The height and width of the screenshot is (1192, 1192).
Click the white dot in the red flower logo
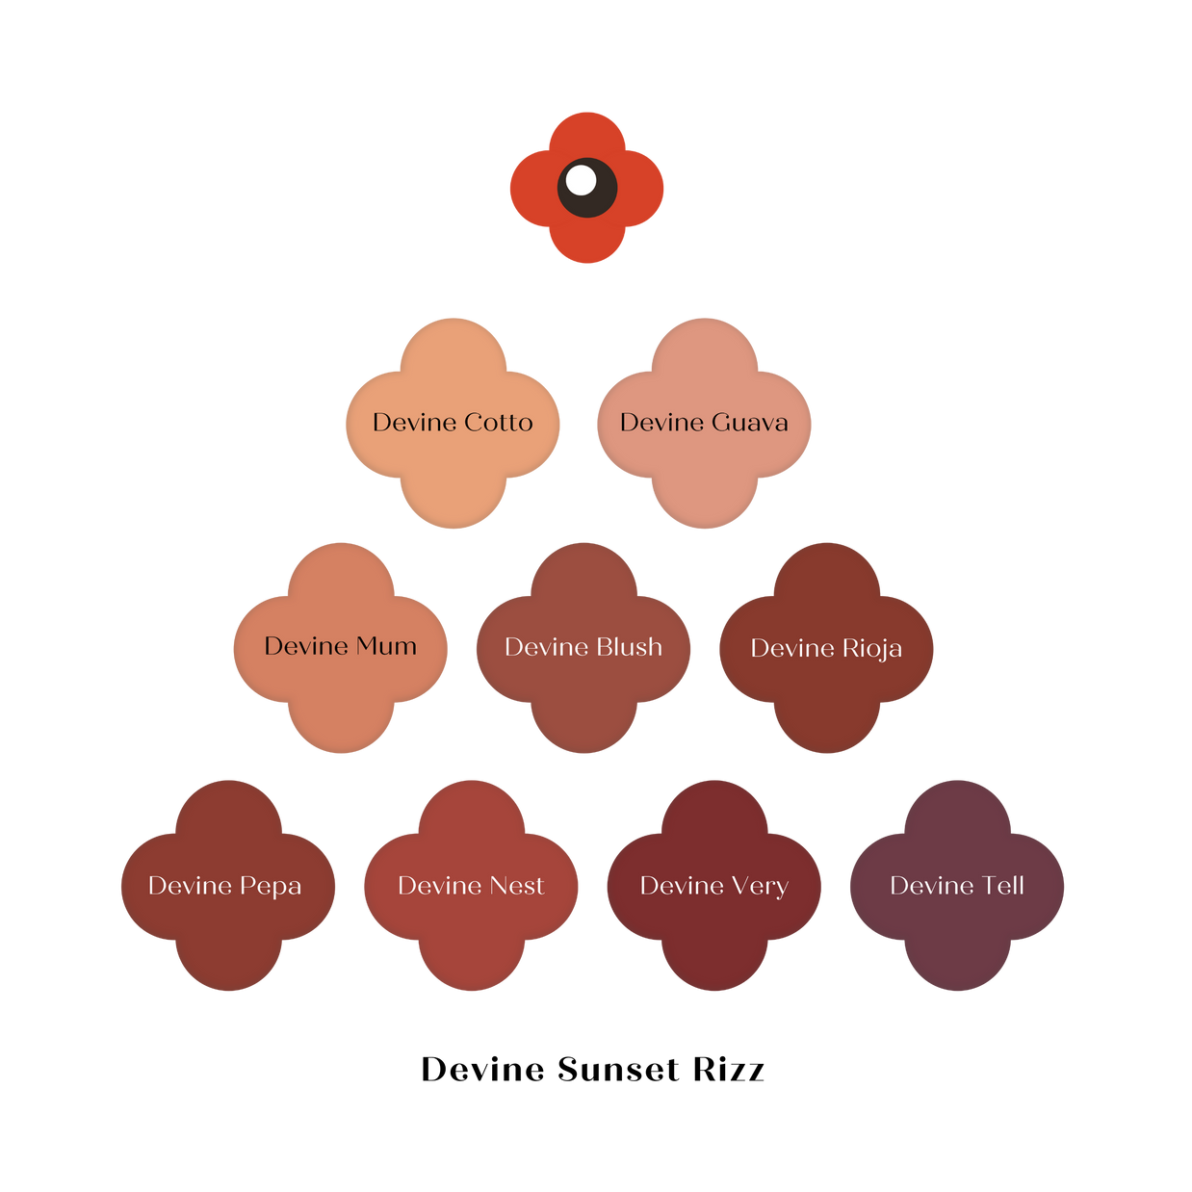click(581, 180)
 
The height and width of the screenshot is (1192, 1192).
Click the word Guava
click(749, 423)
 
